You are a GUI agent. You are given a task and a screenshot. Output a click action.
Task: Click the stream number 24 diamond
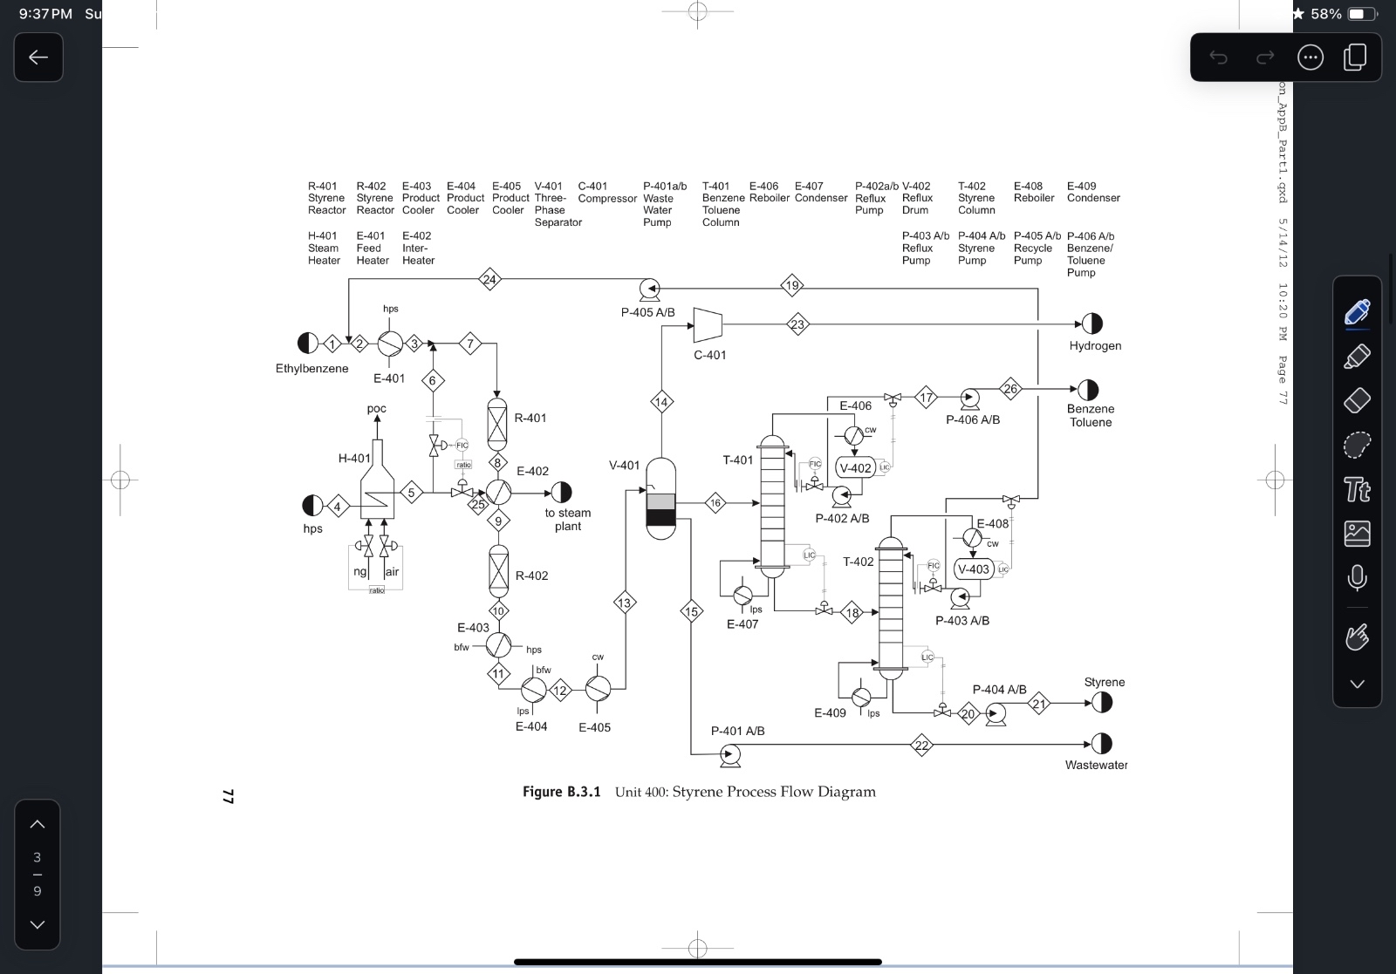coord(489,280)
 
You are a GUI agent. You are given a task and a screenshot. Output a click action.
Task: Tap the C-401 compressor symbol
coord(707,324)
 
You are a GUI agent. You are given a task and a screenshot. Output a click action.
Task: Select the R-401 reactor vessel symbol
coord(496,423)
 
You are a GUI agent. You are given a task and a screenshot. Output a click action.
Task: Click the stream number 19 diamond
coord(791,285)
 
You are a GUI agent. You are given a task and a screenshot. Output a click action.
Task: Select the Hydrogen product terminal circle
coord(1091,324)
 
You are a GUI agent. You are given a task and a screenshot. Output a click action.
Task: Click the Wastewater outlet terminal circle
coord(1102,744)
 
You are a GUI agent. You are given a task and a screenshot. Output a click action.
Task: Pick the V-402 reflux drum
coord(855,468)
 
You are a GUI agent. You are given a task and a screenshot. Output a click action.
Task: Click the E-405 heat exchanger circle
coord(598,690)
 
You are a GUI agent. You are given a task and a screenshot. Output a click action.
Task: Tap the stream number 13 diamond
coord(624,603)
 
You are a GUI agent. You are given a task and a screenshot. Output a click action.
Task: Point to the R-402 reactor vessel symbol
coord(497,571)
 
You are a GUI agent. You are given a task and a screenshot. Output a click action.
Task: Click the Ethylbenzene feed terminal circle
coord(308,344)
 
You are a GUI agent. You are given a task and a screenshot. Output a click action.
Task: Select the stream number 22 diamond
coord(922,745)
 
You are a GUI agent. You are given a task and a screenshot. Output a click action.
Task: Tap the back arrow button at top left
coord(38,58)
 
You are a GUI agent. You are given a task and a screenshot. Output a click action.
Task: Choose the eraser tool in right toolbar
coord(1357,400)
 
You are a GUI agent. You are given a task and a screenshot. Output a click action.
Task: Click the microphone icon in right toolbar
coord(1357,578)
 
